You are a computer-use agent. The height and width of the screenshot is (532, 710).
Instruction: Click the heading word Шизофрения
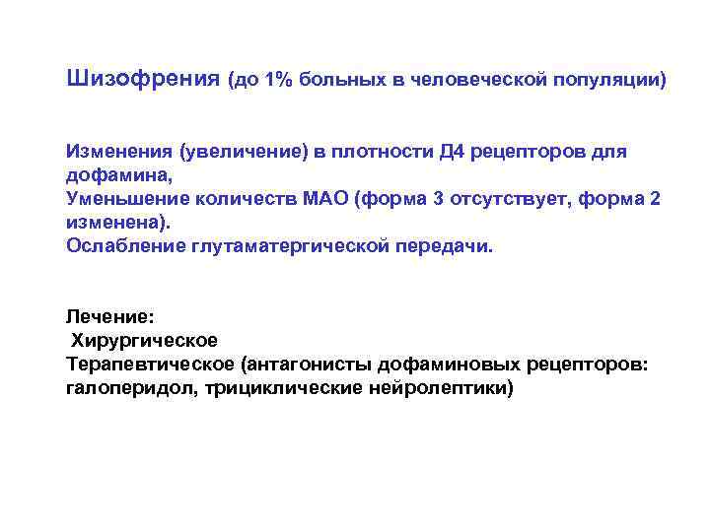click(142, 78)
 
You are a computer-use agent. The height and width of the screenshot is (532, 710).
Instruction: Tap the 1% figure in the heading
click(278, 79)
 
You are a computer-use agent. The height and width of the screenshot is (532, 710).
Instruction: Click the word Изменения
click(118, 152)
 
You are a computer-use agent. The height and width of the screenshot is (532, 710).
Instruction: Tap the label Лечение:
click(104, 317)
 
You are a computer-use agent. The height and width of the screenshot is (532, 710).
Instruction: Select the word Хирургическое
click(144, 341)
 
